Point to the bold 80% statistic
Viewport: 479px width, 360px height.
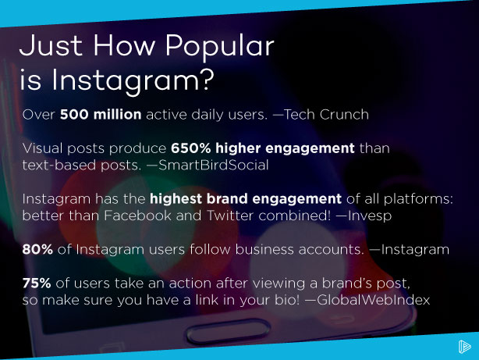[x=40, y=250]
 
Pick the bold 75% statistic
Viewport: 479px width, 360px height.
[x=40, y=284]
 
